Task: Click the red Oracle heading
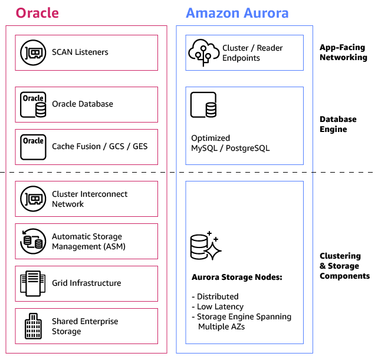pos(37,12)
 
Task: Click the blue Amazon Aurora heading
pos(237,12)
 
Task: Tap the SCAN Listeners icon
pos(33,52)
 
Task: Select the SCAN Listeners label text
pos(80,52)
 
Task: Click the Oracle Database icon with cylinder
pos(33,104)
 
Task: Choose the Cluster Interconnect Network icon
pos(33,199)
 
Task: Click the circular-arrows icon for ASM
pos(33,241)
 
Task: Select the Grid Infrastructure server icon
pos(33,283)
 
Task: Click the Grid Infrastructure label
pos(86,283)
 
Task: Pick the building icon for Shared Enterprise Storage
pos(33,326)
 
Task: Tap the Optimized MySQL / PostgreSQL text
pos(230,143)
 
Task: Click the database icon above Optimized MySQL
pos(203,105)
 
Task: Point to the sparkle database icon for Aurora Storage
pos(205,246)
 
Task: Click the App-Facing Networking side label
pos(343,52)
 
